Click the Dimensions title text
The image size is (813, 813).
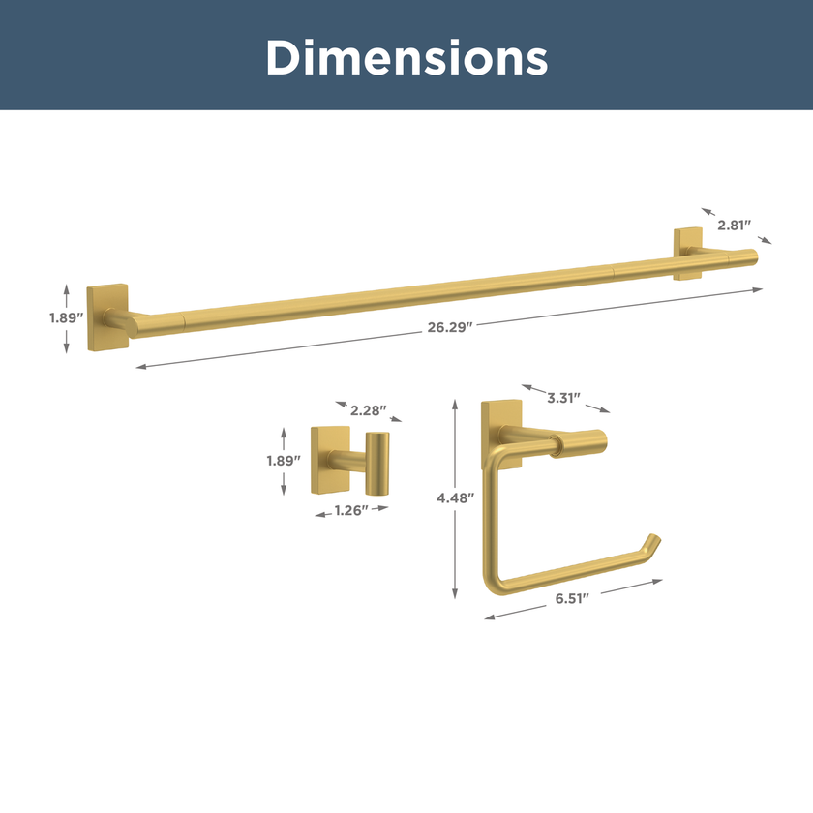[x=407, y=57]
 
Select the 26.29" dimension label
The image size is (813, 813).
[x=450, y=327]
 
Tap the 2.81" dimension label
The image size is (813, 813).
[x=735, y=225]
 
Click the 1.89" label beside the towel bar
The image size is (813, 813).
[x=67, y=317]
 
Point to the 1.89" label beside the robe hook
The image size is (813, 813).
[x=284, y=461]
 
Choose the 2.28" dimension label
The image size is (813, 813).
[x=368, y=410]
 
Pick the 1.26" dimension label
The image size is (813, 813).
[x=351, y=511]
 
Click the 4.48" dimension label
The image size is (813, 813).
[x=455, y=498]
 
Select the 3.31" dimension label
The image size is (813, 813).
[x=563, y=398]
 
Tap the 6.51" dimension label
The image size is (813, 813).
[x=572, y=598]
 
